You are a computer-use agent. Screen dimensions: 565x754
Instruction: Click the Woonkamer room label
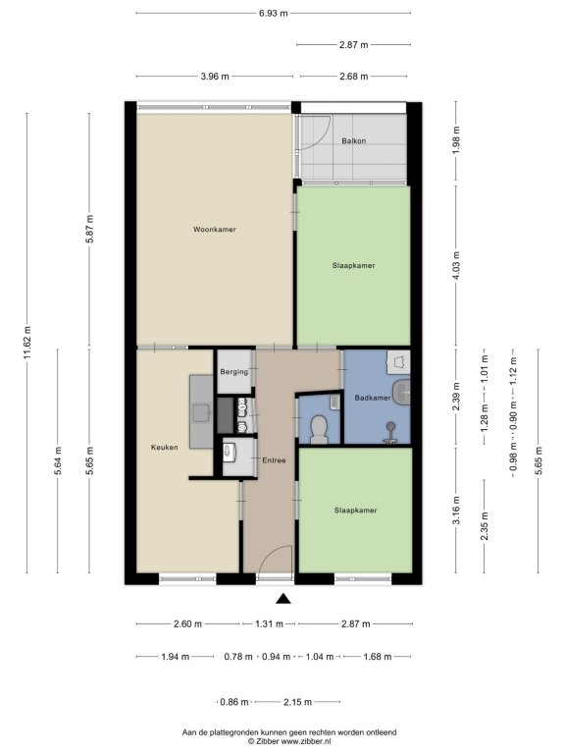[215, 230]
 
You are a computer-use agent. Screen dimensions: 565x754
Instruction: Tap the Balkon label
[354, 141]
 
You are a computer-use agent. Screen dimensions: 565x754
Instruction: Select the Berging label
[234, 372]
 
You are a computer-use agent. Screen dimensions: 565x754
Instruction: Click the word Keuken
[165, 448]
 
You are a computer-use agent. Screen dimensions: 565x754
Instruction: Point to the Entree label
[274, 460]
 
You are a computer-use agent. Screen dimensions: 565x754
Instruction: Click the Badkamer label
[373, 398]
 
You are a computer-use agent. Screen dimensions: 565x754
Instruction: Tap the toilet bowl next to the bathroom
[318, 428]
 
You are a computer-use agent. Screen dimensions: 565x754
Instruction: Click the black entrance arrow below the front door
[283, 598]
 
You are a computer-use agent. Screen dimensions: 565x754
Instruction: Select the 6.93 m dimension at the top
[274, 13]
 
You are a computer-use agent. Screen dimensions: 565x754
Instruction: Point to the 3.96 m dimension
[215, 76]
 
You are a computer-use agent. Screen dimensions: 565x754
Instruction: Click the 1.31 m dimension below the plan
[269, 623]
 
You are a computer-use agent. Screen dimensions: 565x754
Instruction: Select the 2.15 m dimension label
[297, 702]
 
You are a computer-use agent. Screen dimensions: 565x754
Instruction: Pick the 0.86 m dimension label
[234, 702]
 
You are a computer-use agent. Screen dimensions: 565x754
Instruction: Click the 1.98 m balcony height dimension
[456, 140]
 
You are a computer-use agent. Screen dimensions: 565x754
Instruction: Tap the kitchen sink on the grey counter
[201, 412]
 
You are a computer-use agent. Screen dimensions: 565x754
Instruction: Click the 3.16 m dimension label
[456, 511]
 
